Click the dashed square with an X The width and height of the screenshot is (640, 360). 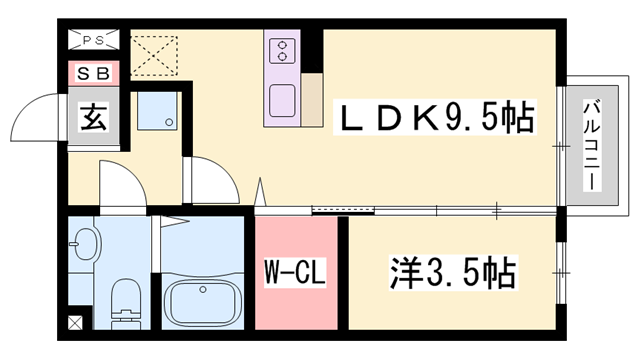(x=153, y=56)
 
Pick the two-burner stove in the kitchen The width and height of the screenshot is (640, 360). (x=282, y=50)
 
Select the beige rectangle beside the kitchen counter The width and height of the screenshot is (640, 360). (x=311, y=100)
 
